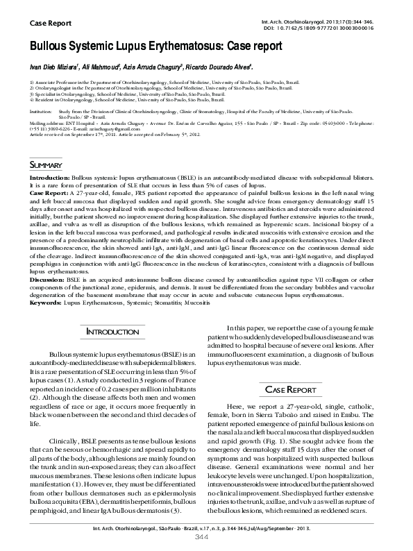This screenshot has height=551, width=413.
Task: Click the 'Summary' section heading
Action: pos(47,164)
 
